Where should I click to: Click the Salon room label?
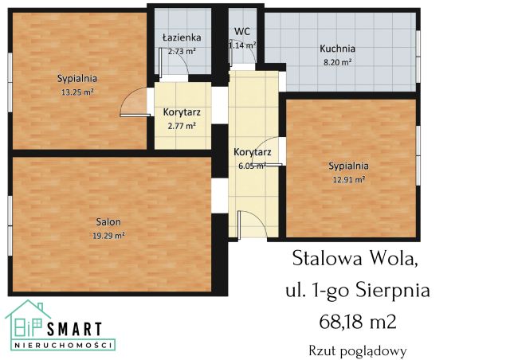[x=109, y=223]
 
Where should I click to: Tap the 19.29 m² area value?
[x=109, y=236]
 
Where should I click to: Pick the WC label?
[x=242, y=32]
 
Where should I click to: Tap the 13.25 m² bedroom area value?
[x=76, y=91]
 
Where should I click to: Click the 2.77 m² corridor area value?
[x=181, y=125]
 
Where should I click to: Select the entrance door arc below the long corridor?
[x=245, y=222]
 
